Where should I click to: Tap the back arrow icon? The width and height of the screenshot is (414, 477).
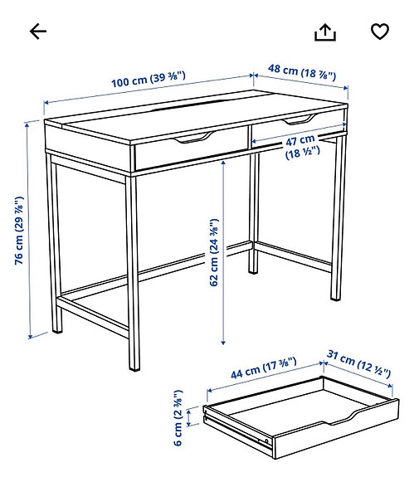coord(38,32)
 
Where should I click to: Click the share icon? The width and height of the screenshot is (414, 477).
coord(325,32)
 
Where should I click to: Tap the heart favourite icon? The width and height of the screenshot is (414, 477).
coord(379,32)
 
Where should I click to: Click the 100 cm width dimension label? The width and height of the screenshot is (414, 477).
coord(149,80)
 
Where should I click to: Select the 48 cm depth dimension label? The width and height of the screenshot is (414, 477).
coord(302,74)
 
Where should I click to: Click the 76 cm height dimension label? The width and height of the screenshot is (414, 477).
coord(19,230)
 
